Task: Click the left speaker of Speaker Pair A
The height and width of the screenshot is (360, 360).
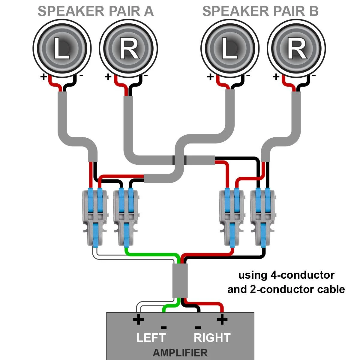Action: click(61, 48)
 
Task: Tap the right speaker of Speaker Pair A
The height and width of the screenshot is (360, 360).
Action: click(128, 48)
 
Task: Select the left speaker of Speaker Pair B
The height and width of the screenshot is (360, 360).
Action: click(229, 48)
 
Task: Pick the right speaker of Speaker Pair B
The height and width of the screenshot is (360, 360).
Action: click(296, 48)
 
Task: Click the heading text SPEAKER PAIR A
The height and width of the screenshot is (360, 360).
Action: click(96, 11)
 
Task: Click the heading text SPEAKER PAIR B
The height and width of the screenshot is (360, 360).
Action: click(260, 11)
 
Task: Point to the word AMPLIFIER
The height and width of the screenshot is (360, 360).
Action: click(180, 352)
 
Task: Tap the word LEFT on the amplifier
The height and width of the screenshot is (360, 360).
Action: click(151, 338)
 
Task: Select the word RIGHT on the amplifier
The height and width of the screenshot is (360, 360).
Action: click(212, 338)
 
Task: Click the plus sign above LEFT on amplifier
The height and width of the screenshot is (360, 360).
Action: click(138, 319)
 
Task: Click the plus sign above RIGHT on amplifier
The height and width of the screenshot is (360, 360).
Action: click(222, 319)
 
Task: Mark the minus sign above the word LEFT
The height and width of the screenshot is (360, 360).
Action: click(163, 327)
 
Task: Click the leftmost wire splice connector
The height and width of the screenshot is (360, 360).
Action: click(94, 217)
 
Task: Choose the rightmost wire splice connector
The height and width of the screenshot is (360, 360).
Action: click(262, 217)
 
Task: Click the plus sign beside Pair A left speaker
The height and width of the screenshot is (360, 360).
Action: click(43, 77)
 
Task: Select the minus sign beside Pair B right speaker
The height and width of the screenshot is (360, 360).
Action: click(313, 76)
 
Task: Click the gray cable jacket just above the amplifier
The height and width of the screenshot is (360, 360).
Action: click(180, 280)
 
